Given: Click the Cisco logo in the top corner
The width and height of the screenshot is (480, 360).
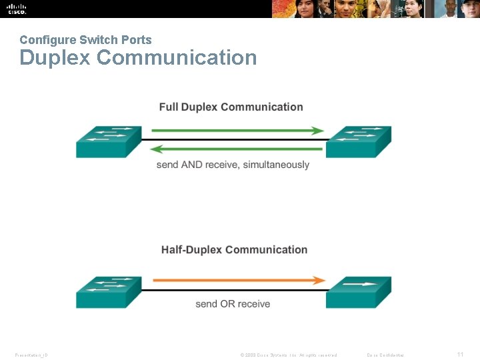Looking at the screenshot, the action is tap(17, 9).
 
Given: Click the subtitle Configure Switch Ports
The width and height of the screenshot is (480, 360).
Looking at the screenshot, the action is tap(85, 40).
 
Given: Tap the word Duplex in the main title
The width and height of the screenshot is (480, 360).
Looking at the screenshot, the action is tap(55, 58).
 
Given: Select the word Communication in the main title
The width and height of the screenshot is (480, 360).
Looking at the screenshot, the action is tap(177, 58).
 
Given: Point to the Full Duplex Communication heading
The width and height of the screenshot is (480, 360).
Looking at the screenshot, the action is tap(231, 107).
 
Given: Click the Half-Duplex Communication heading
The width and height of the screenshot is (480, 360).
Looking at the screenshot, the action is tap(234, 250).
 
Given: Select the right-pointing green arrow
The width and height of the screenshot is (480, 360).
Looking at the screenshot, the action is tap(237, 131).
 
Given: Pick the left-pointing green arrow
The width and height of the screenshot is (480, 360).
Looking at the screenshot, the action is tap(237, 149).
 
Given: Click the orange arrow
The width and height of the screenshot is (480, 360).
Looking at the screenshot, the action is tap(239, 281).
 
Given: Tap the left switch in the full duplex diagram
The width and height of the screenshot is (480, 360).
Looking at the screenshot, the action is tap(108, 141).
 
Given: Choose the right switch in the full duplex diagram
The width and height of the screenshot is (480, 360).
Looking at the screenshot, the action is tap(358, 141).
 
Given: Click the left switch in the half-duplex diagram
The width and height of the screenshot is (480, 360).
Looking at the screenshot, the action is tap(108, 291).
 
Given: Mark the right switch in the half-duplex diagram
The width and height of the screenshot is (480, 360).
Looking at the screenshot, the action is tap(358, 291).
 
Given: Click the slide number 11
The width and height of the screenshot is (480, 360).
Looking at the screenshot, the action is tap(460, 355).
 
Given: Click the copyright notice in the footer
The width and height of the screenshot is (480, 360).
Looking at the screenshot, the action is tap(288, 355).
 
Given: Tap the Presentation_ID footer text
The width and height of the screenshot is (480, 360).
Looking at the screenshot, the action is tap(31, 355).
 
